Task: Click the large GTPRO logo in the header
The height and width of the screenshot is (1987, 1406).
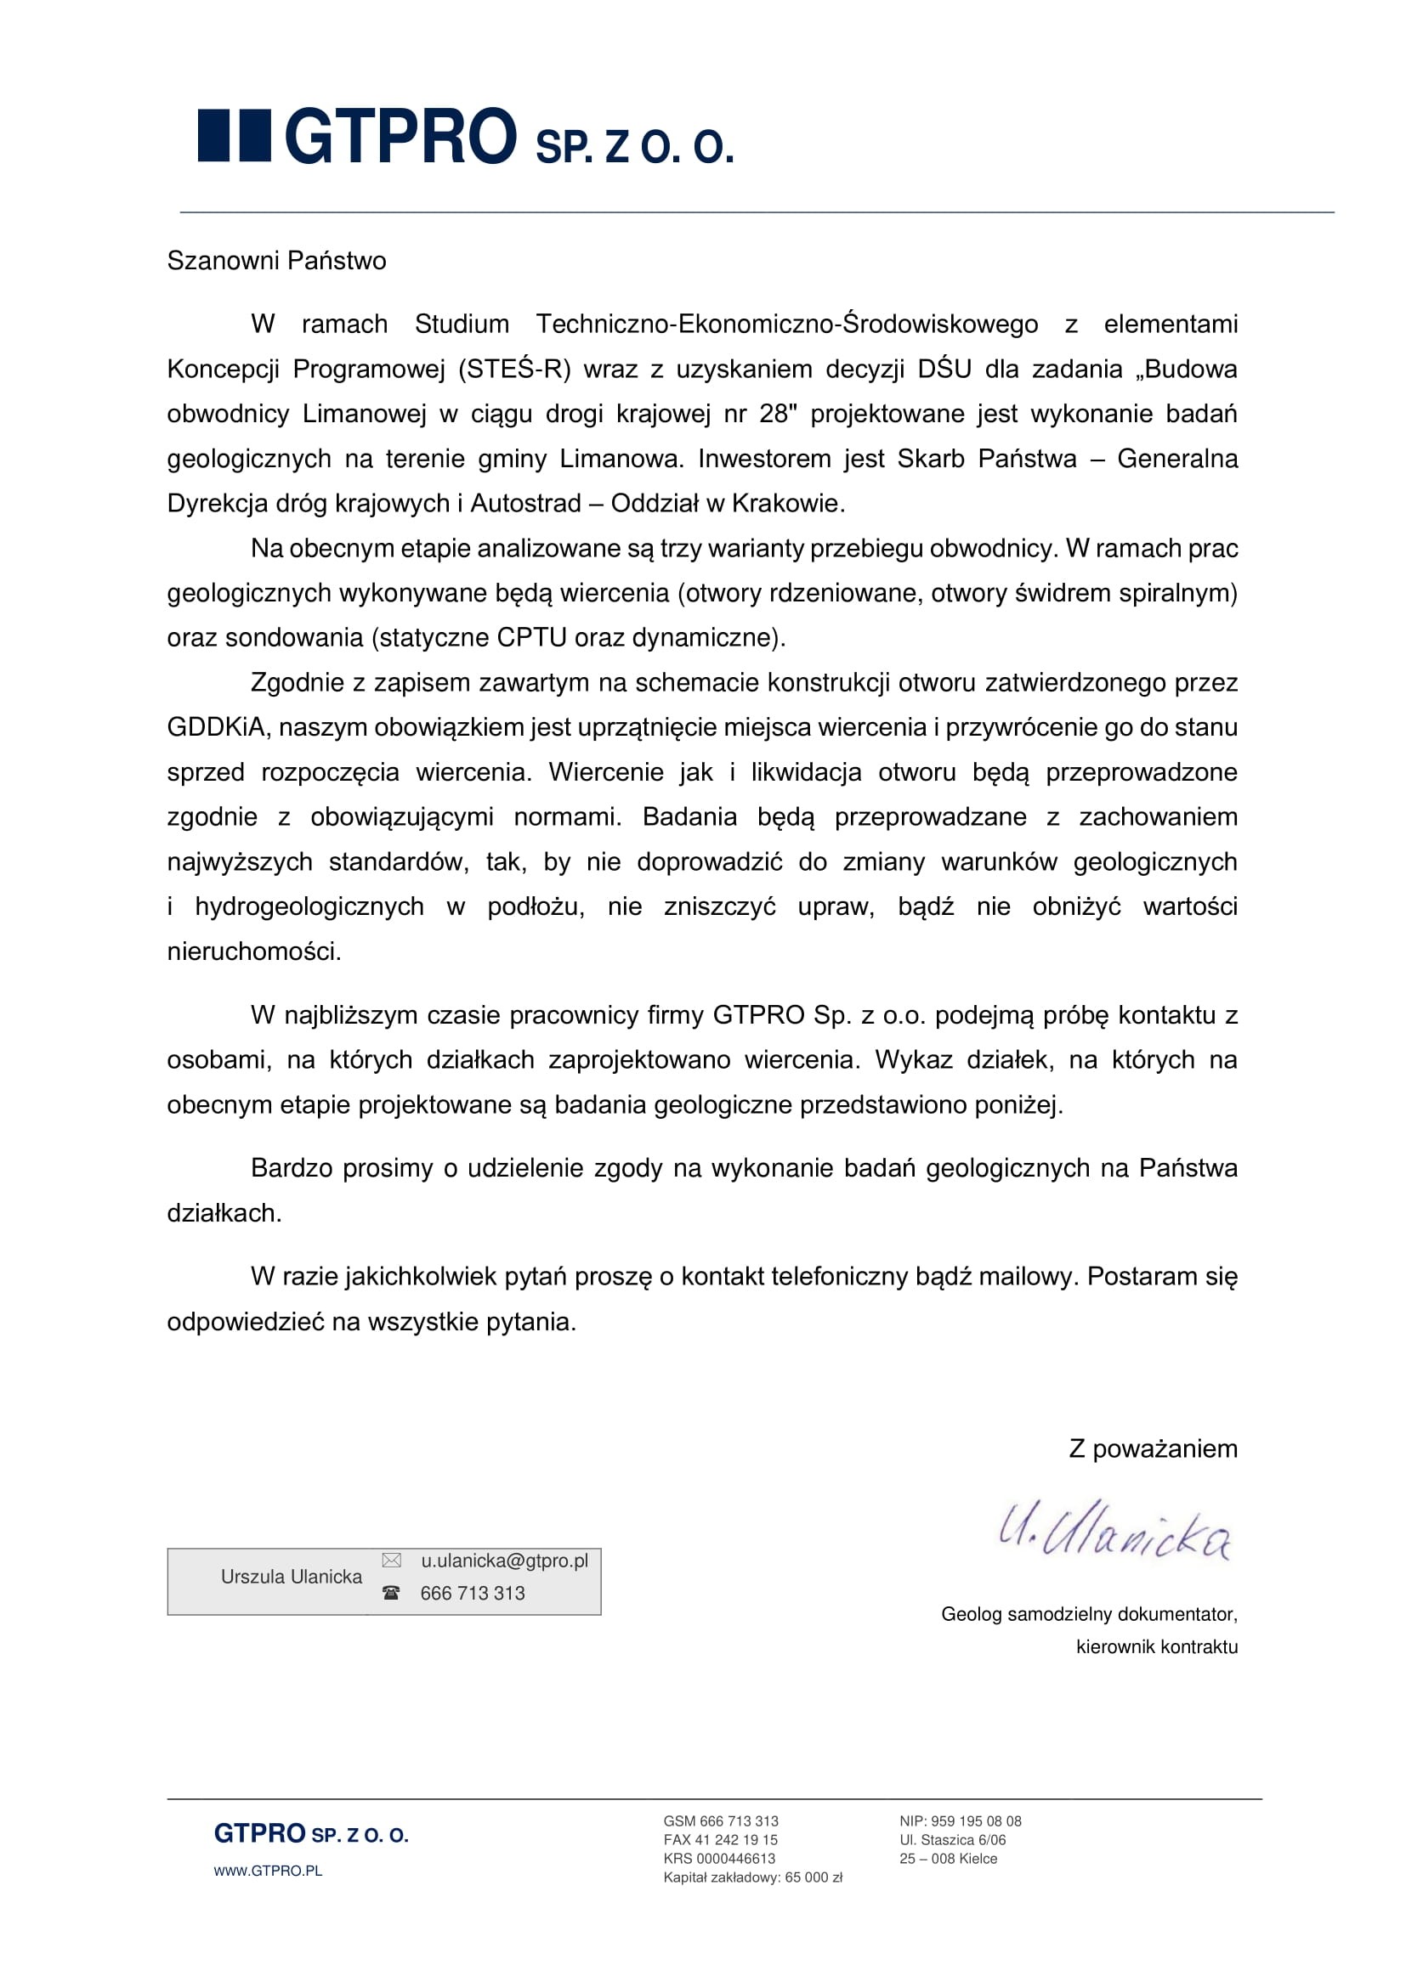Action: click(465, 137)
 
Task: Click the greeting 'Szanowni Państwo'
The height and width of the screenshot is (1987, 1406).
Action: click(276, 261)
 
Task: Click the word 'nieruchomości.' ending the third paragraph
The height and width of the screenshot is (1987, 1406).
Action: click(253, 952)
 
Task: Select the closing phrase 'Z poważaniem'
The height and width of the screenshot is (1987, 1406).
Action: click(1153, 1448)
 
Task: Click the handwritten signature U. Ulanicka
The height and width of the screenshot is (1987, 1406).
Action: click(1115, 1531)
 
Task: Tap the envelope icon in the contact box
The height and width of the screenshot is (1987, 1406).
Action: click(391, 1561)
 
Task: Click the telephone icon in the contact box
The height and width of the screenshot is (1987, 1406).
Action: click(391, 1592)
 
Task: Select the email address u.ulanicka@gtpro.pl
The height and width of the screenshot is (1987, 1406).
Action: click(504, 1561)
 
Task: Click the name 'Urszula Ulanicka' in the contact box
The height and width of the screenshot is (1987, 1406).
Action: click(291, 1577)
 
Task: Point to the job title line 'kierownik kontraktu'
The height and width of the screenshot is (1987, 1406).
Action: click(1156, 1647)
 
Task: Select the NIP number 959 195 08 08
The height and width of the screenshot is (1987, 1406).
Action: click(976, 1820)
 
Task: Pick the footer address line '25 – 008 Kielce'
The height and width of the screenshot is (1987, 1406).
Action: click(948, 1858)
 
